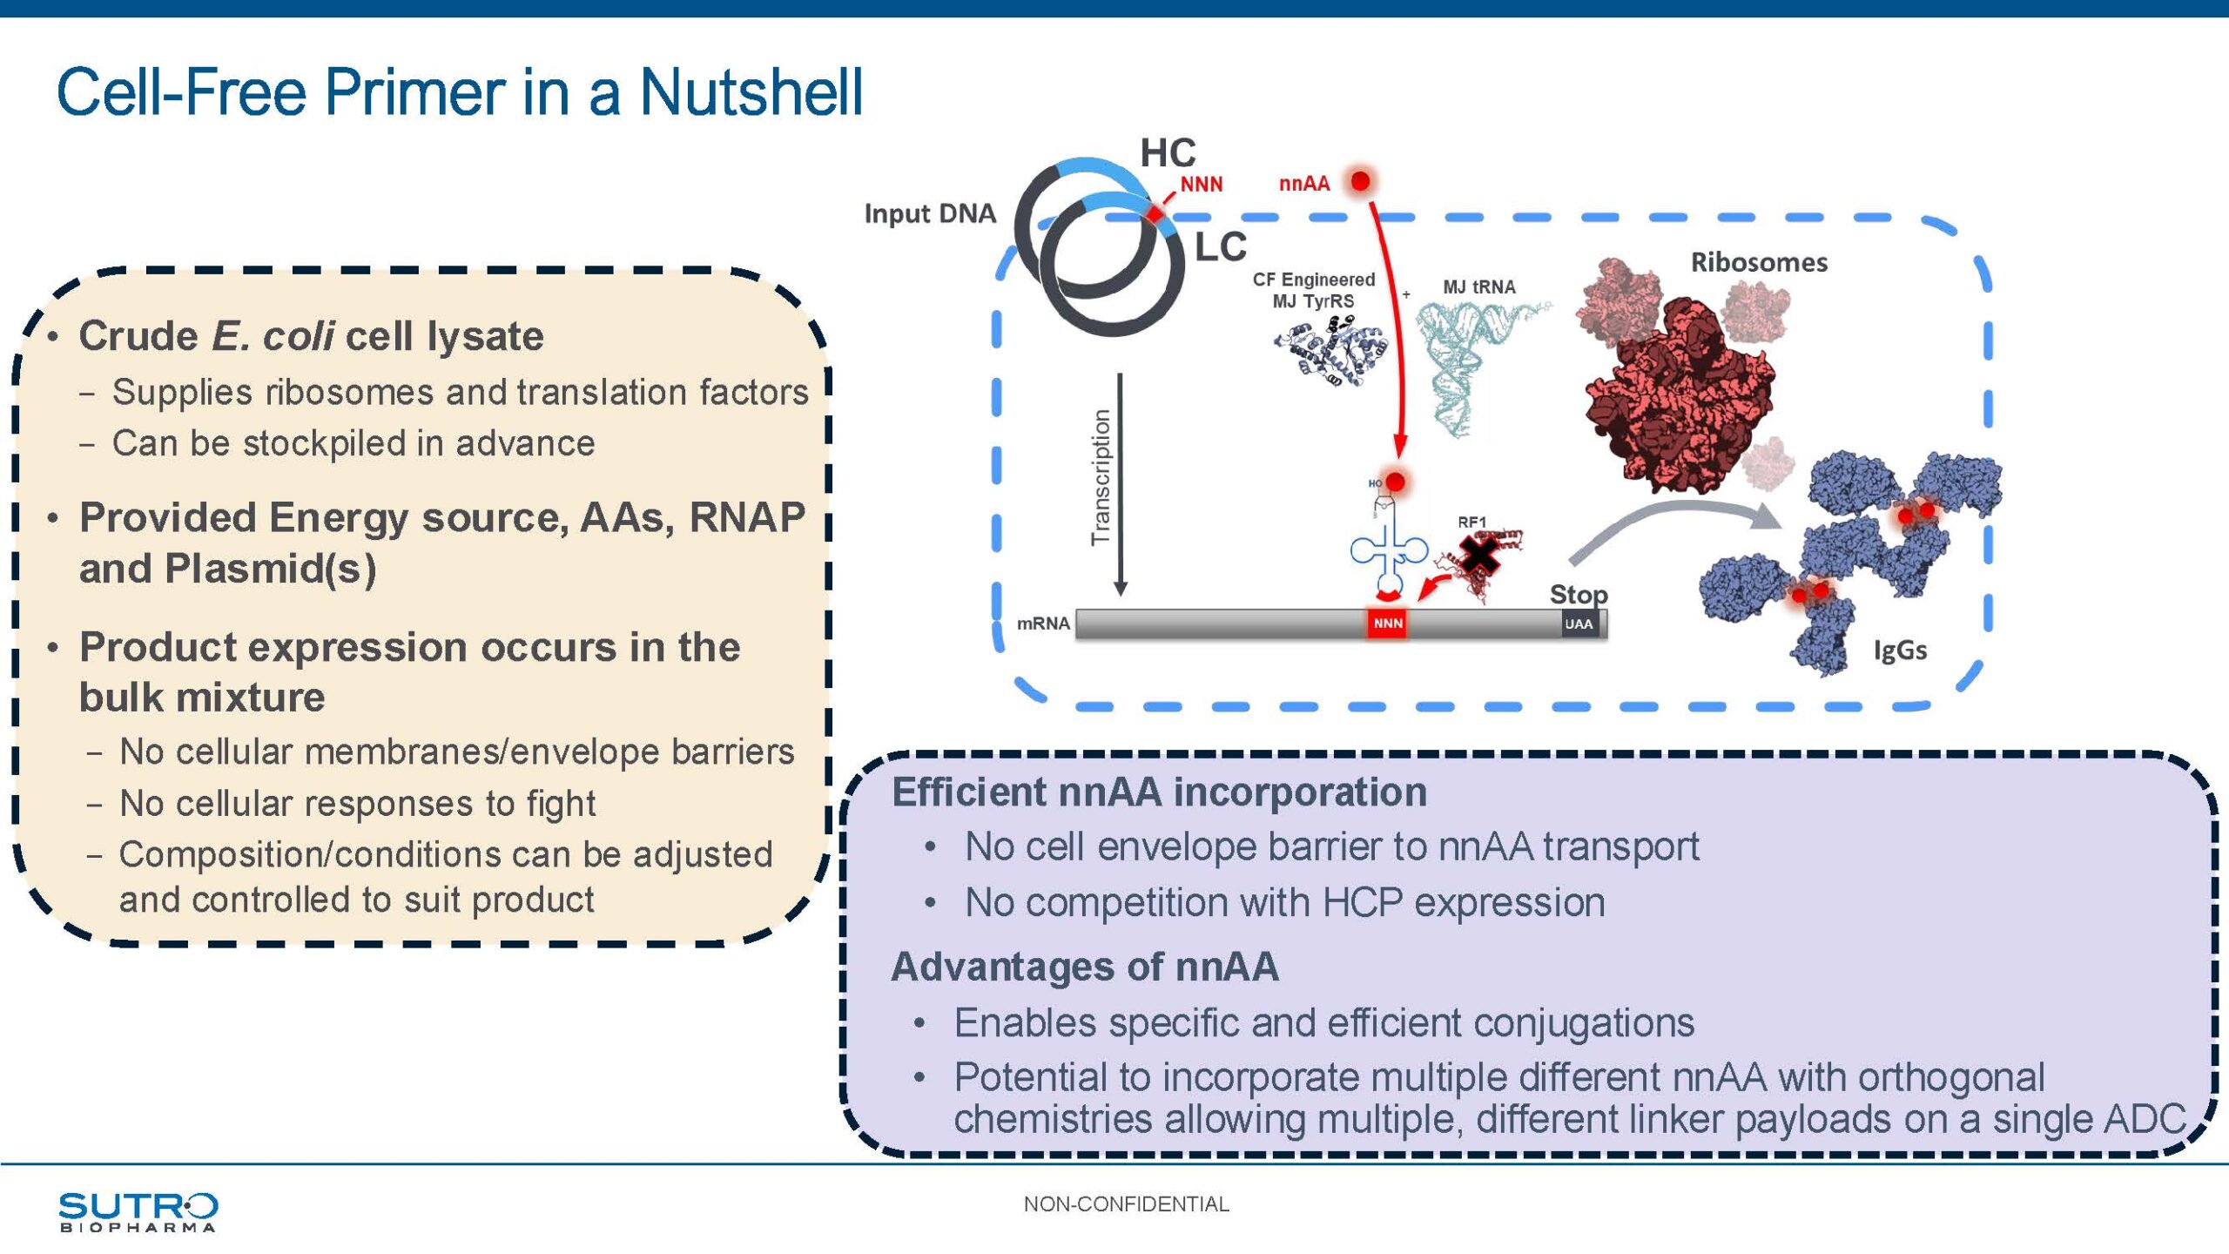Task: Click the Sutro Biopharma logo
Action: coord(138,1210)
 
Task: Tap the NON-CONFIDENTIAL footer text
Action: coord(1126,1204)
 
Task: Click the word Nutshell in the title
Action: coord(751,92)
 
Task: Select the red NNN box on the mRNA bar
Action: coord(1388,624)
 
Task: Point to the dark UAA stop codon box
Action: coord(1579,624)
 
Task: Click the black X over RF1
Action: coord(1479,555)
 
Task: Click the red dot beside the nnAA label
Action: coord(1360,181)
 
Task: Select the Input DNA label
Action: coord(930,213)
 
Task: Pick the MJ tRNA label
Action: coord(1478,287)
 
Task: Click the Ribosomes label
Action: coord(1759,262)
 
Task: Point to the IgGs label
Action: coord(1900,650)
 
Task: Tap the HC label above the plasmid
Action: coord(1168,153)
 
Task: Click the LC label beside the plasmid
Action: coord(1221,247)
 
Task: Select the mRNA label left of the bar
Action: coord(1043,624)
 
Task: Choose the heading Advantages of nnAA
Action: coord(1085,967)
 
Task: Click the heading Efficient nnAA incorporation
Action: coord(1159,792)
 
